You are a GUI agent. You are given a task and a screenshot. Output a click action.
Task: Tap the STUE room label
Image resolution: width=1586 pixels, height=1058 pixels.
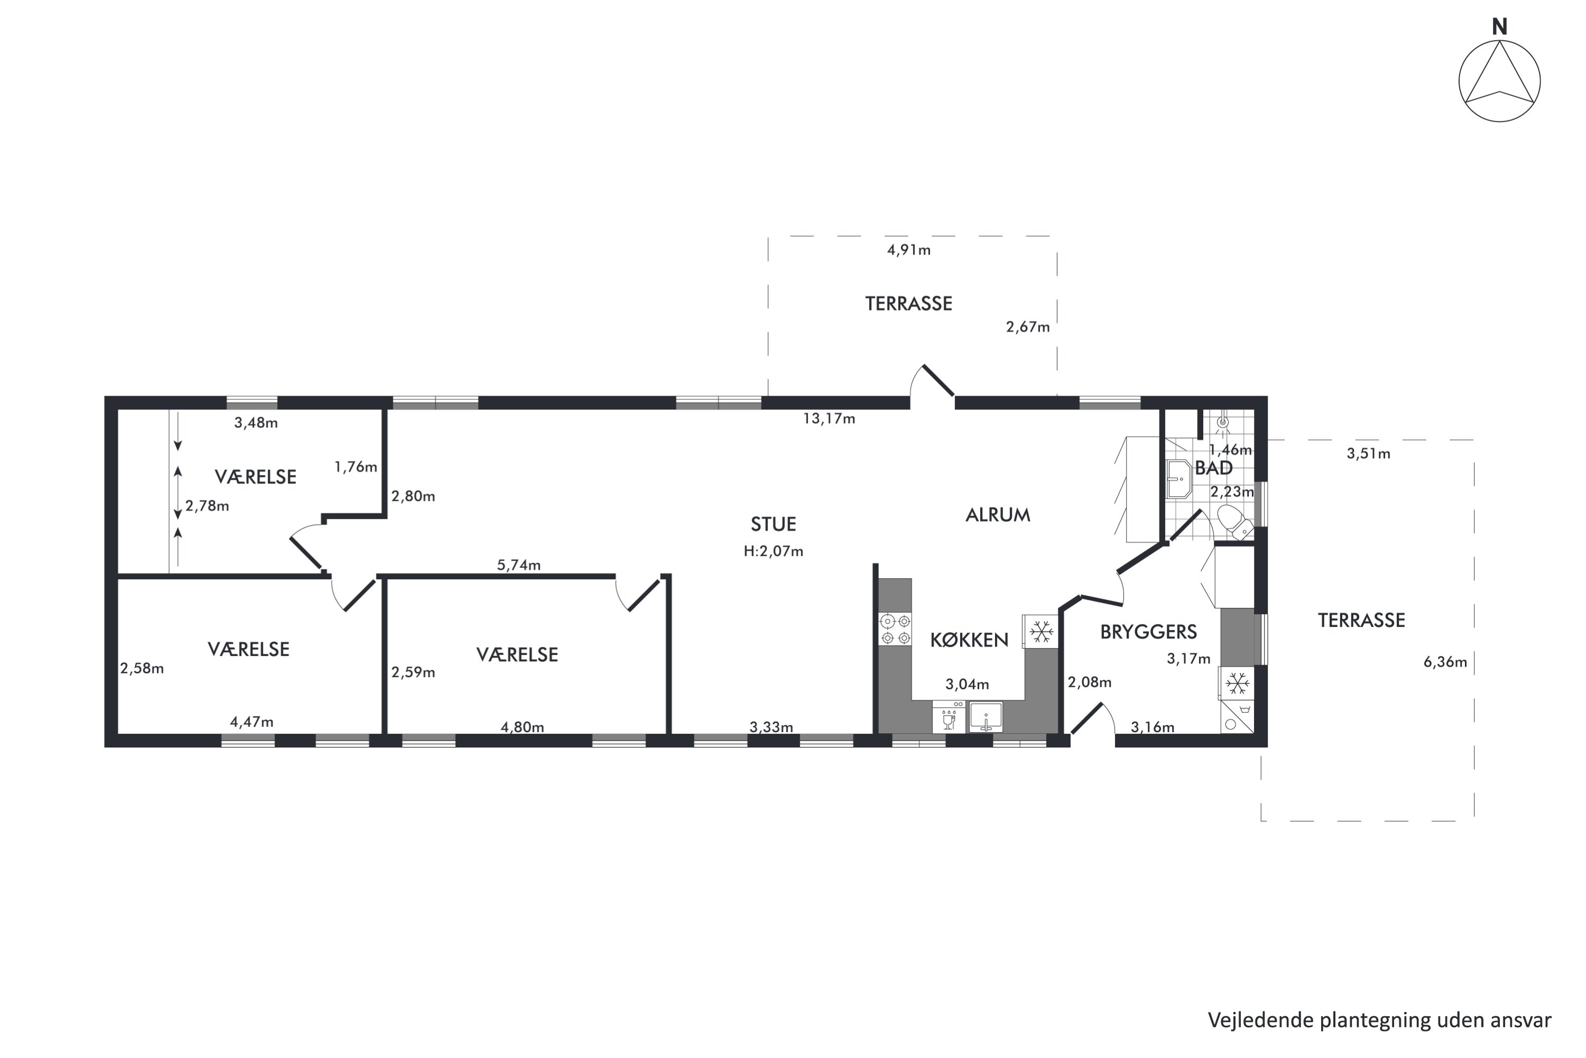coord(773,524)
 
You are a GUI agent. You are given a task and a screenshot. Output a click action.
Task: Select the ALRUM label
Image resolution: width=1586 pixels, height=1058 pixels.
coord(998,515)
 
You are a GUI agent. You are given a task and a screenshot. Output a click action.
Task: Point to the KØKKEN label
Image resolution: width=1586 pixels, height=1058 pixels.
coord(970,640)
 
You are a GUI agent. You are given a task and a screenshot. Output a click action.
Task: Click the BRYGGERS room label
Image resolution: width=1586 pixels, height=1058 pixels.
coord(1148,632)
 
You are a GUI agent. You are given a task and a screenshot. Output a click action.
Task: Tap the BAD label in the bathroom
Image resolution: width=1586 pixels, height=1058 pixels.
coord(1214,468)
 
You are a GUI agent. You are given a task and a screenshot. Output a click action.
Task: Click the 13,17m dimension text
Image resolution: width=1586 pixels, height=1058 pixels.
coord(829,419)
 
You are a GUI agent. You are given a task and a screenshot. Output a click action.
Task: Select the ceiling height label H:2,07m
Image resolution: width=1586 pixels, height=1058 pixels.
coord(773,551)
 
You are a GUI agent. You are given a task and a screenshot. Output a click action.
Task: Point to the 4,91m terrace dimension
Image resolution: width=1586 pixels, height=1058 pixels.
coord(909,250)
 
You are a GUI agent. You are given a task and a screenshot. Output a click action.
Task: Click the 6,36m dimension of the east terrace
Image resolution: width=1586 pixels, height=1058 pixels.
coord(1445,662)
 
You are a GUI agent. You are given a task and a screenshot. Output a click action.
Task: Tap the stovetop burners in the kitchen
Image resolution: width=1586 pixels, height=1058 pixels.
coord(895,629)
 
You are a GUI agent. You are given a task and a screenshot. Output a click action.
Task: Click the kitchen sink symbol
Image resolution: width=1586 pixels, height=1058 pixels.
coord(986,717)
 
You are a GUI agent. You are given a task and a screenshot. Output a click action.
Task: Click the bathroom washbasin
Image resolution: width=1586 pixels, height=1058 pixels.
coord(1179,479)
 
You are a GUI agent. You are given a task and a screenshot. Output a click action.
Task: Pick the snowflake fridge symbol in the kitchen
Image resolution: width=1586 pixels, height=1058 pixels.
coord(1040,632)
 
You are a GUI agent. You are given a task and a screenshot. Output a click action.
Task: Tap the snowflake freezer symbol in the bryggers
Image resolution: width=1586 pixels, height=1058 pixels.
coord(1237,683)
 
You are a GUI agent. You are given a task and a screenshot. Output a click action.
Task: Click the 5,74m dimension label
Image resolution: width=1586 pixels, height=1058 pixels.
coord(519,566)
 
